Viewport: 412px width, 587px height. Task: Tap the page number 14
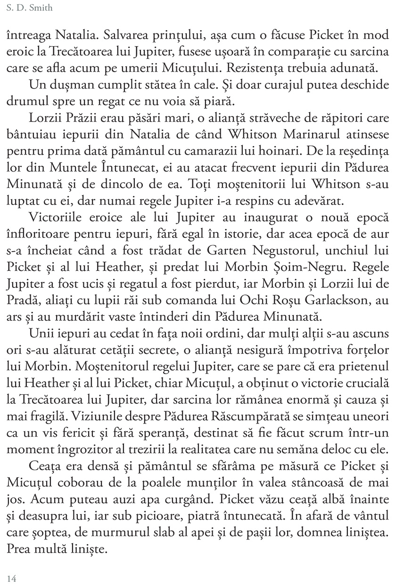tap(12, 579)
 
